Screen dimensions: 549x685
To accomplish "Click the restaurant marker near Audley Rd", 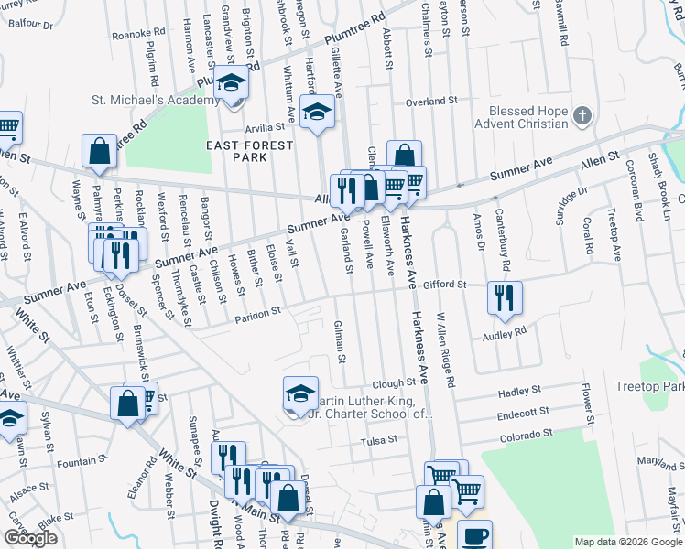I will point(505,297).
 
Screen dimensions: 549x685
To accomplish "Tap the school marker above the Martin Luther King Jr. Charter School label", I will point(300,393).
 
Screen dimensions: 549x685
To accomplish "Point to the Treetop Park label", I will point(651,387).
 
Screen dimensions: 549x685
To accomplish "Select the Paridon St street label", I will point(256,313).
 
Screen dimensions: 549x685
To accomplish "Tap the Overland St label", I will point(430,102).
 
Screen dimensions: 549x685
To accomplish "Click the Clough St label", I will point(395,383).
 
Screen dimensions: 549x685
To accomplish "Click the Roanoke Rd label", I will point(137,34).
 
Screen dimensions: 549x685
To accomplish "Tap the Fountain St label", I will point(76,463).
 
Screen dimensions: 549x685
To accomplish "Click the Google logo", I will point(30,538).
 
